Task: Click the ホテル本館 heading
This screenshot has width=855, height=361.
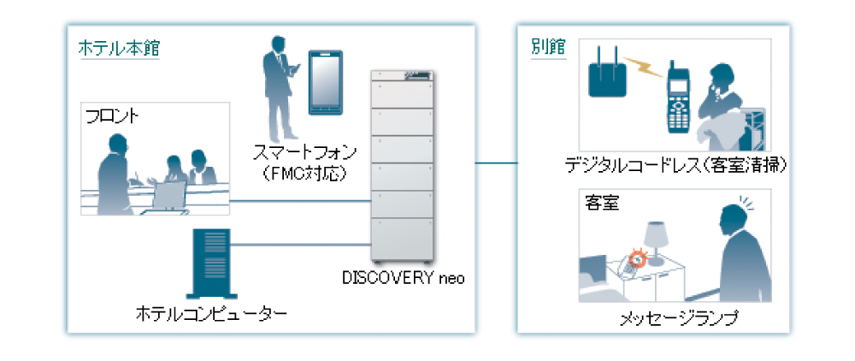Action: coord(119,48)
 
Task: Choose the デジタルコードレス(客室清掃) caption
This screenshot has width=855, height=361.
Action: coord(675,163)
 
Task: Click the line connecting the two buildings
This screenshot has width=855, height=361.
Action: coord(497,162)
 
